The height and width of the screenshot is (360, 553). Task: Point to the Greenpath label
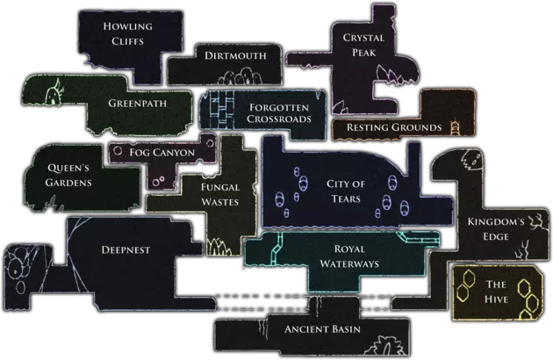[138, 103]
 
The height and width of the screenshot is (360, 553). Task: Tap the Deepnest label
[126, 249]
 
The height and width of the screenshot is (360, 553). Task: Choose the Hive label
[496, 292]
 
